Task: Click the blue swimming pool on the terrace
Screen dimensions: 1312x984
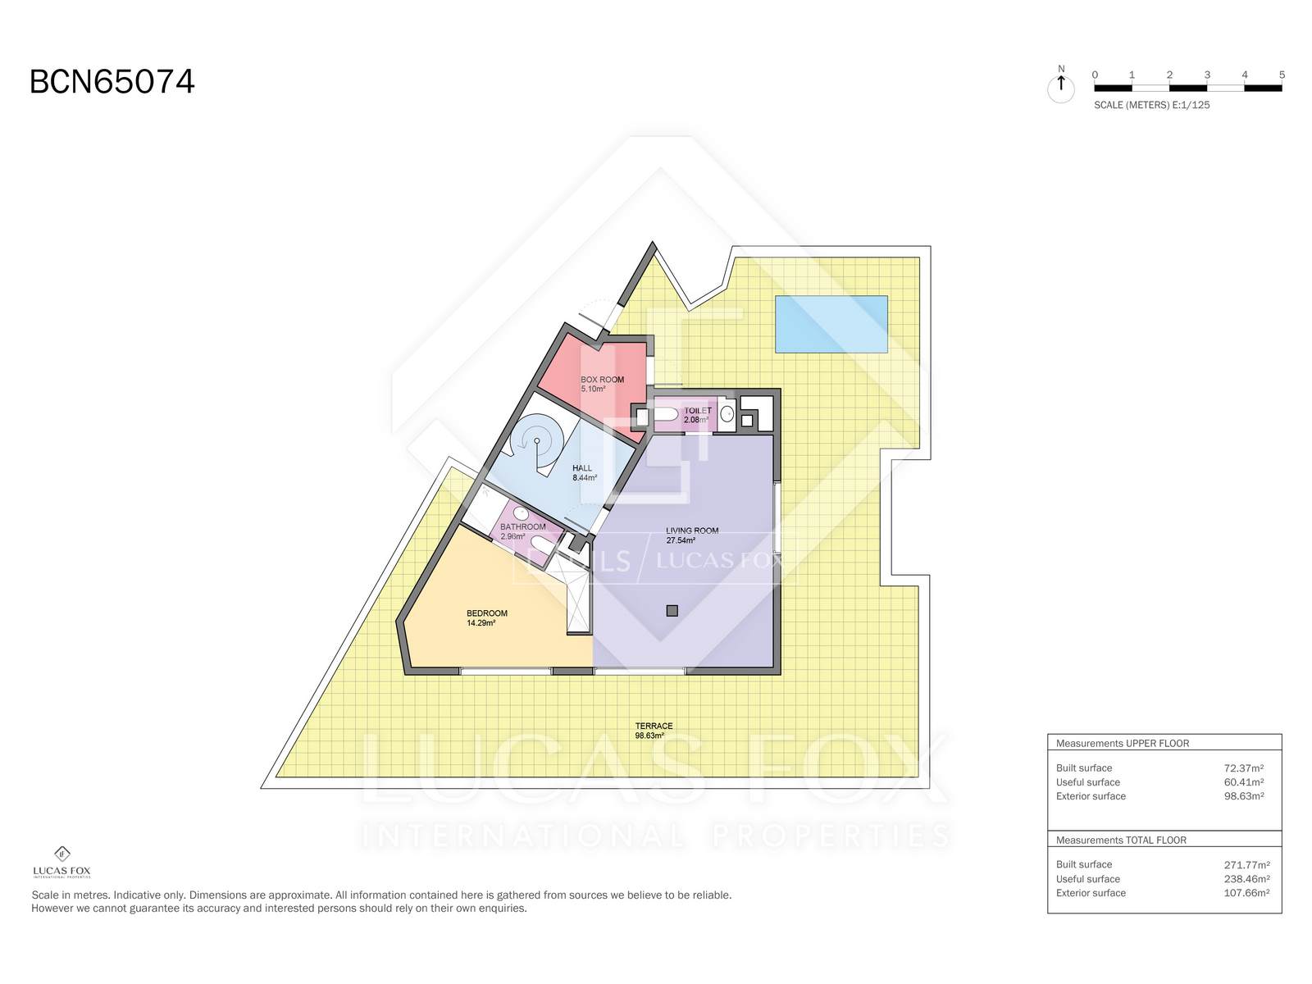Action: click(831, 324)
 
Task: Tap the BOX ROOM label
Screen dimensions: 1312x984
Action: click(602, 380)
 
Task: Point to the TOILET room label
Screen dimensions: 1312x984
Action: click(698, 411)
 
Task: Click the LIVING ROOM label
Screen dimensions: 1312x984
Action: click(691, 531)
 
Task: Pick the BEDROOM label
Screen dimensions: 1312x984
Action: click(486, 613)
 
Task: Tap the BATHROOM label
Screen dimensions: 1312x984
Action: click(522, 526)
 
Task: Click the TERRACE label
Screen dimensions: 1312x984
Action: click(654, 726)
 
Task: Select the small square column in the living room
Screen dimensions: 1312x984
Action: click(672, 611)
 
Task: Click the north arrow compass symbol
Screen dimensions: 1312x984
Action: click(1061, 86)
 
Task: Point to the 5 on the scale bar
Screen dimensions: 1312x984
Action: click(1282, 75)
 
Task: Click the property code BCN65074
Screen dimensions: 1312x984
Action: click(112, 82)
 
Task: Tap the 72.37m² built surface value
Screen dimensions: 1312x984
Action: click(1244, 768)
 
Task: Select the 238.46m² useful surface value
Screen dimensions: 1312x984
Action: click(1247, 879)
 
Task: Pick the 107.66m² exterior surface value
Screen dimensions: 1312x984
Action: click(1247, 893)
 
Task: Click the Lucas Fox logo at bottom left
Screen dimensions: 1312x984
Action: click(62, 862)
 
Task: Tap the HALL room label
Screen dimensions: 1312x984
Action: click(581, 468)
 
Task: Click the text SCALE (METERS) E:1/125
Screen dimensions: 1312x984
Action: click(1152, 105)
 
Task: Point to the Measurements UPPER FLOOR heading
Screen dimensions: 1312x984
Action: click(1123, 743)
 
